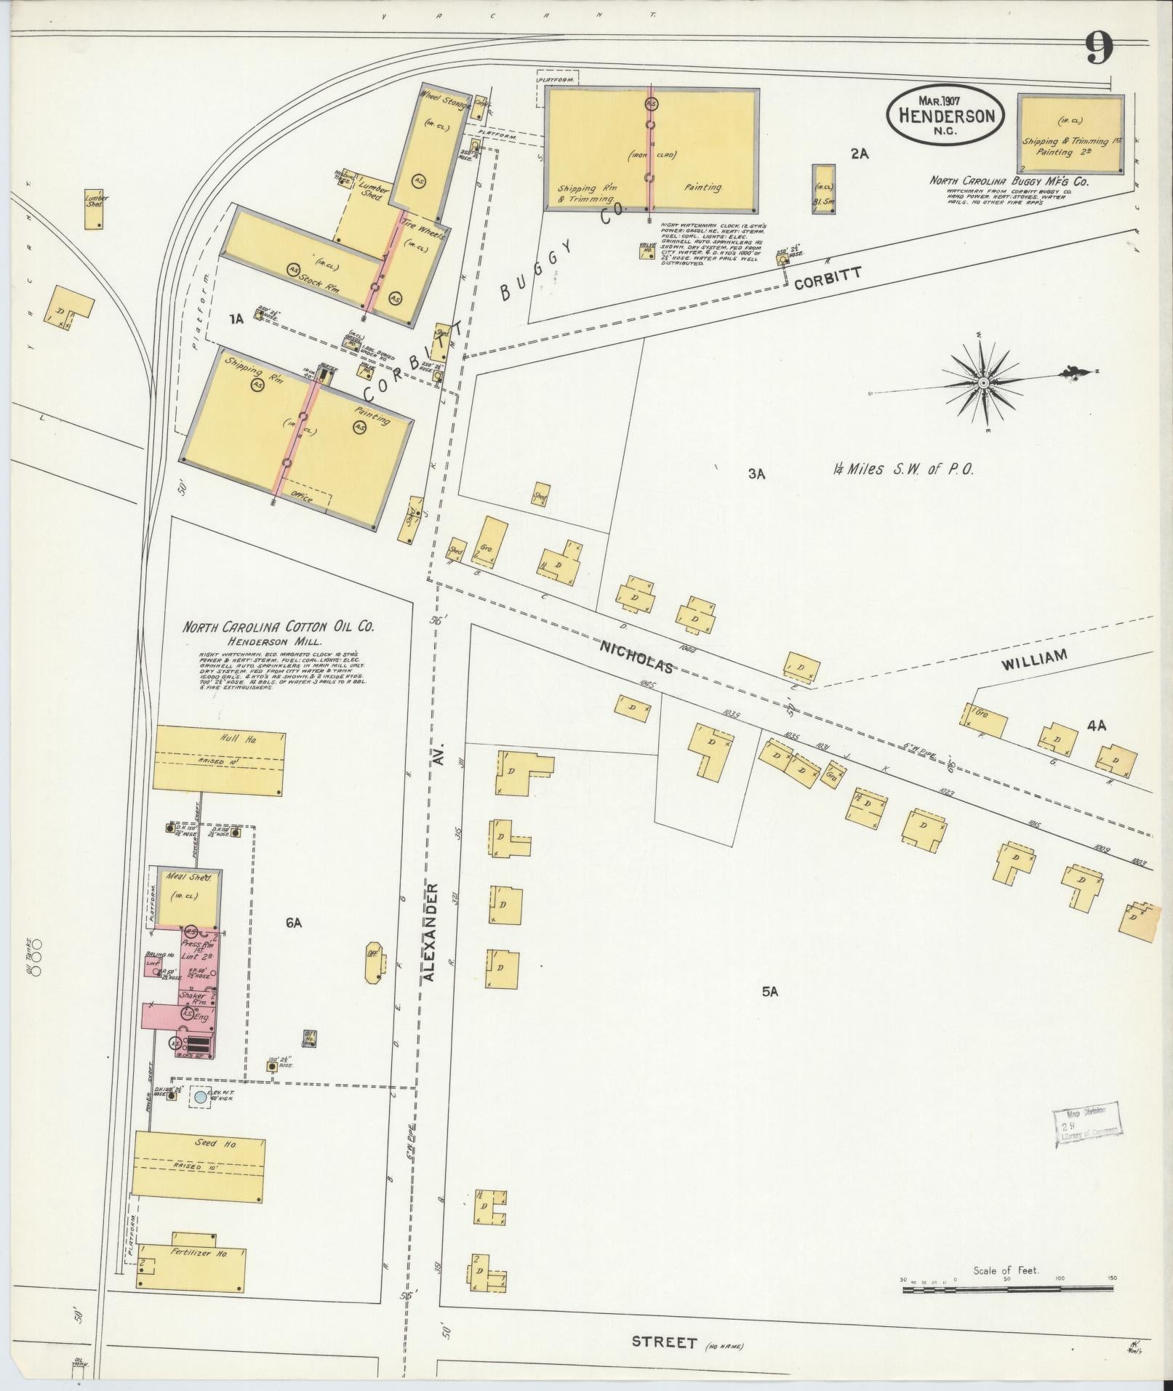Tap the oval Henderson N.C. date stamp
click(945, 114)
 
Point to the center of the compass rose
click(982, 382)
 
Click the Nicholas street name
click(636, 656)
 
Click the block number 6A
click(294, 923)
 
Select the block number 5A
click(771, 991)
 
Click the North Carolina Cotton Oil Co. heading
click(279, 627)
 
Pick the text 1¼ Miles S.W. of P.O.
click(902, 470)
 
